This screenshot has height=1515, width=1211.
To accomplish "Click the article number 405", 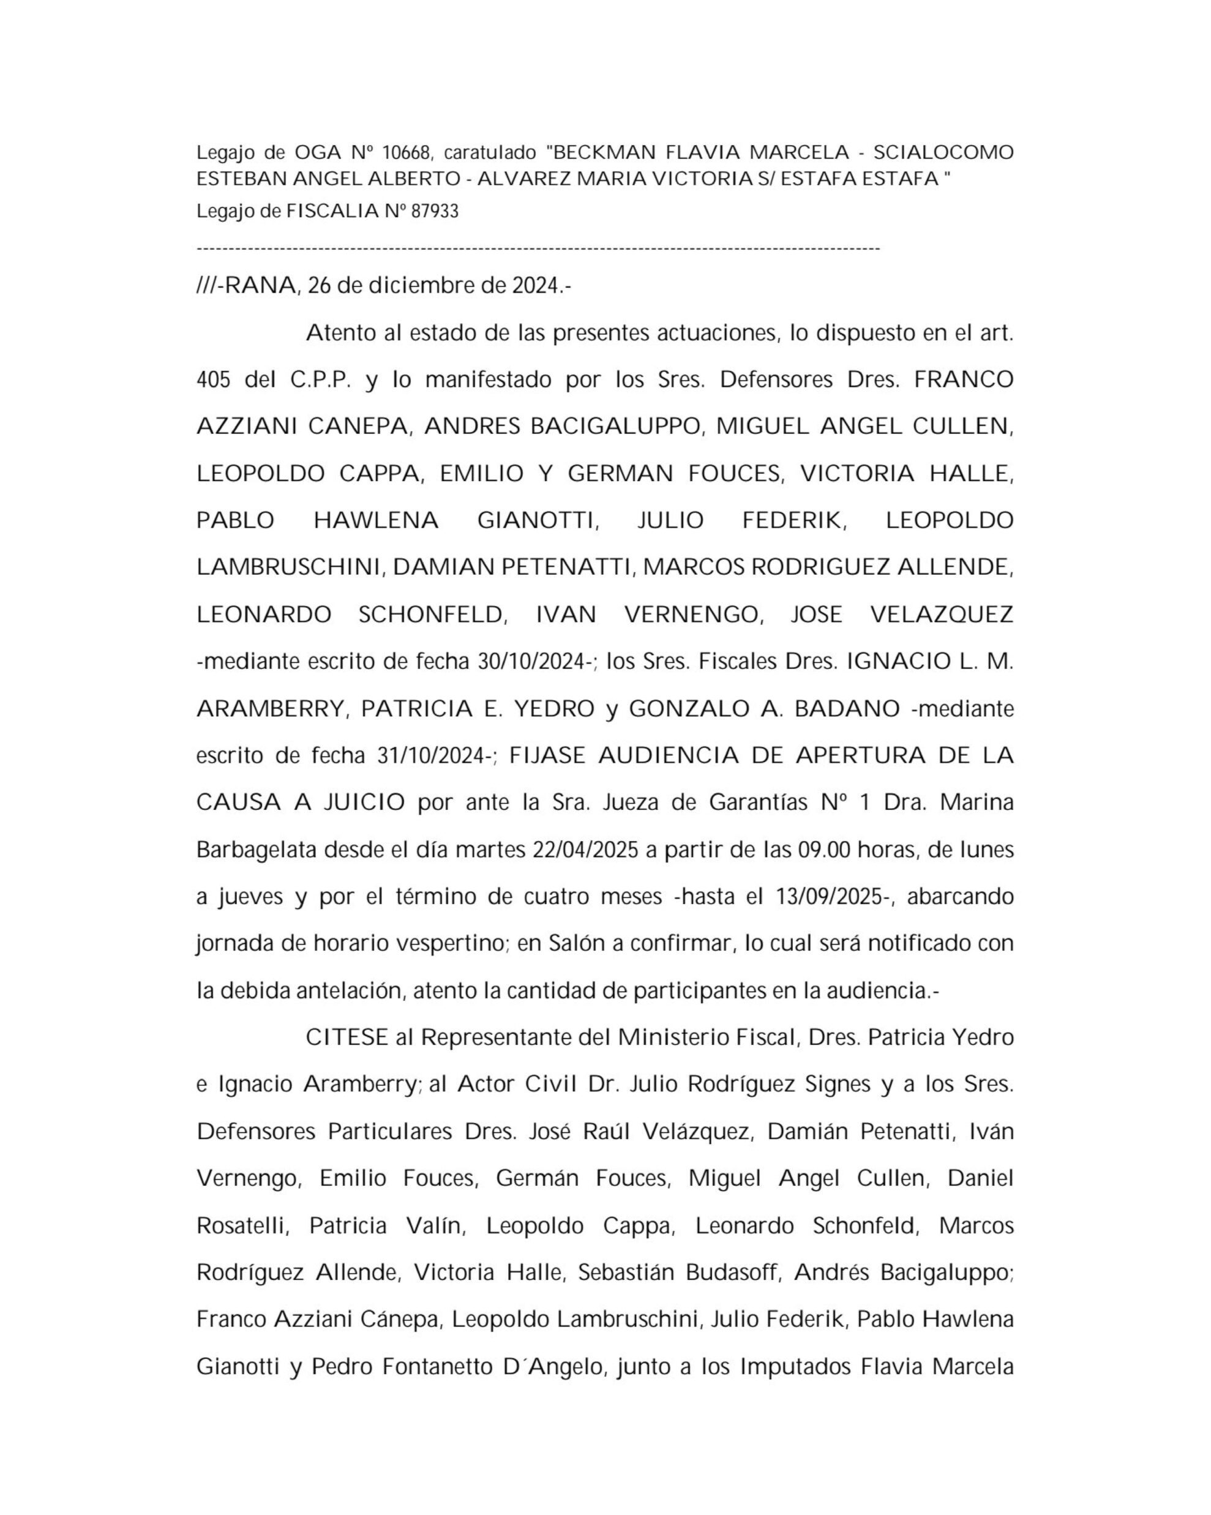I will (x=214, y=380).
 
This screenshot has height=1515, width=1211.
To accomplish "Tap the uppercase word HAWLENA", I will (x=376, y=521).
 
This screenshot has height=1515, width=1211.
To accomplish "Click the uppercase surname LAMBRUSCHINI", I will (x=288, y=567).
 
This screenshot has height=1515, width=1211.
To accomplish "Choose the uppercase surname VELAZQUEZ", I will (x=942, y=615).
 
